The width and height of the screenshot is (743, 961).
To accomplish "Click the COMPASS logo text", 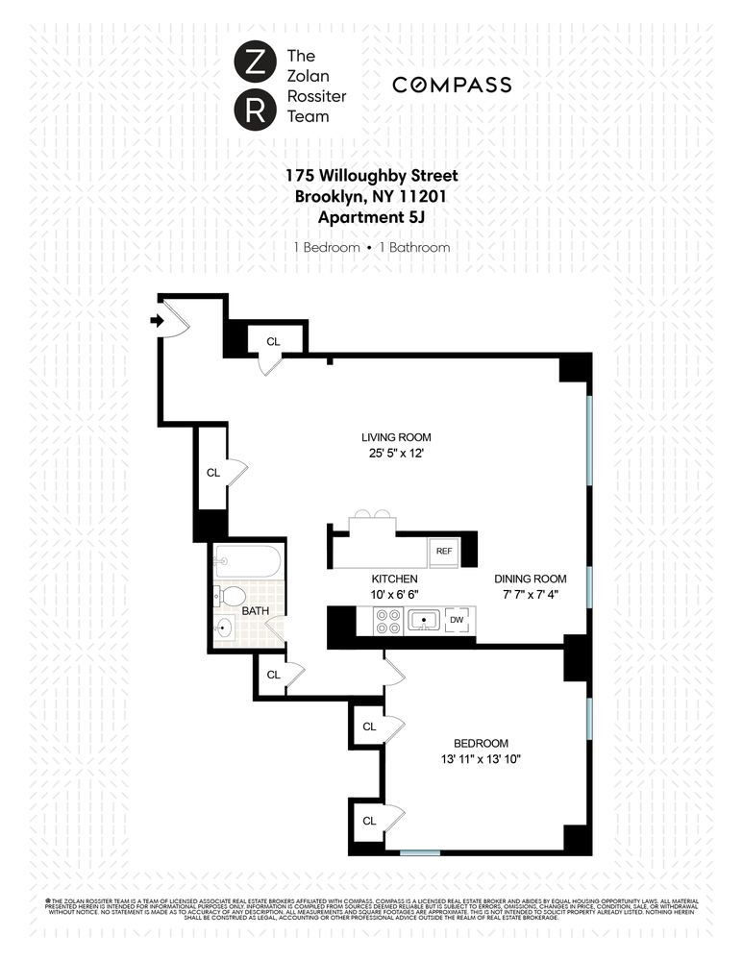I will pyautogui.click(x=451, y=86).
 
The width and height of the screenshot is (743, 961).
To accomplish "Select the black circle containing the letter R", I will pyautogui.click(x=253, y=110).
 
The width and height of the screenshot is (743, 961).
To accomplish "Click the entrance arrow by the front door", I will pyautogui.click(x=157, y=320).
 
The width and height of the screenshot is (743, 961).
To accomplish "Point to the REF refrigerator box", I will pyautogui.click(x=444, y=551).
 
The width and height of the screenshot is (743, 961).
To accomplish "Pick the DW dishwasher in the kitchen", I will pyautogui.click(x=457, y=620).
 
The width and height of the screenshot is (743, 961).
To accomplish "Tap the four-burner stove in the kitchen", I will pyautogui.click(x=387, y=621).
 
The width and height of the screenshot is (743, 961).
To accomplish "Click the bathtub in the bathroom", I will pyautogui.click(x=248, y=560).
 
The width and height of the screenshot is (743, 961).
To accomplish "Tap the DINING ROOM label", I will pyautogui.click(x=531, y=579).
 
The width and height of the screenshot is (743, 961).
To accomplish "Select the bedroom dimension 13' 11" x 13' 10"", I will pyautogui.click(x=482, y=759).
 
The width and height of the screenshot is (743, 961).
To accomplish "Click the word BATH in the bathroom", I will pyautogui.click(x=255, y=610).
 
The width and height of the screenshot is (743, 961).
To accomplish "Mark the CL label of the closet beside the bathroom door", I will pyautogui.click(x=273, y=675).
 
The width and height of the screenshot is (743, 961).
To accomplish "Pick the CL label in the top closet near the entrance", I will pyautogui.click(x=273, y=340).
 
